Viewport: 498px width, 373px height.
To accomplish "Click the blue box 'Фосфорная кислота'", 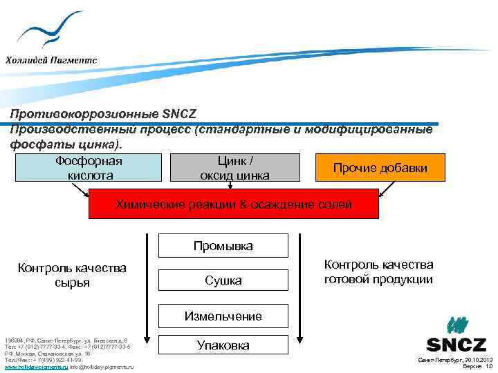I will point(88,168).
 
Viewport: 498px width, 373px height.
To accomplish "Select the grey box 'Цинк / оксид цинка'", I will point(234,168).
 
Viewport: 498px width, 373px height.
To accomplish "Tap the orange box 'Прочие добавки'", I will point(380,168).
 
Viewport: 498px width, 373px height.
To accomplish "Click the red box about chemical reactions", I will point(234,204).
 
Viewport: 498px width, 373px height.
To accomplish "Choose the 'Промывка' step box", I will point(223,245).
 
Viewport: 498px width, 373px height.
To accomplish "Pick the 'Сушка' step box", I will point(223,280).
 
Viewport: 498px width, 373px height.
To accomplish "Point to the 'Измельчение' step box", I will point(223,316).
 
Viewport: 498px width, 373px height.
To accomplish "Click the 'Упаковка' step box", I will point(223,345).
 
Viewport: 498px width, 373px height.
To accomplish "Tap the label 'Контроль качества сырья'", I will point(72,274).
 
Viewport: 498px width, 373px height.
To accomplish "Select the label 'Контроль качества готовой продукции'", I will point(379,272).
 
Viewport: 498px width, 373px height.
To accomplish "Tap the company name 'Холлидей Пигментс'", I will point(51,59).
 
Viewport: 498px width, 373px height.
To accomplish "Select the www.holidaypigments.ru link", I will point(36,367).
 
